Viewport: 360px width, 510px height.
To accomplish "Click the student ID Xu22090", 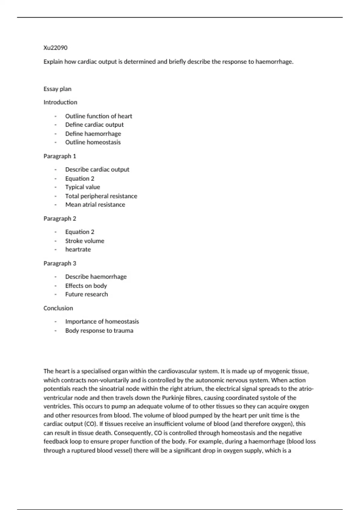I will click(55, 48).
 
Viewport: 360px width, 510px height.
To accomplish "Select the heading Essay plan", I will click(57, 89).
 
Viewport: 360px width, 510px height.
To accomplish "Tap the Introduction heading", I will click(60, 102).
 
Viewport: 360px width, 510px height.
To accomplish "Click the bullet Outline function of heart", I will click(98, 116).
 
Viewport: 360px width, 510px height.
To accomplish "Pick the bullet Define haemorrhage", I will click(93, 133).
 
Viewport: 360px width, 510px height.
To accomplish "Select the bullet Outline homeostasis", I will click(93, 142).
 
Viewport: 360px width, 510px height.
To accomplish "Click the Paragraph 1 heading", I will click(60, 156).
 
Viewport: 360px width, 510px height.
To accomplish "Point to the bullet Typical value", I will click(82, 187).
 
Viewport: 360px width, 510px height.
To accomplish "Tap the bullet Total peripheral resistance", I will click(101, 196).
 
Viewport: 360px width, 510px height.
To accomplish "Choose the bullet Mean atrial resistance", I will click(95, 205).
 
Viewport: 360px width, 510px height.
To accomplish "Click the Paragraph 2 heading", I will click(60, 218).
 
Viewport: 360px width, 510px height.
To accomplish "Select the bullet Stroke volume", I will click(85, 241).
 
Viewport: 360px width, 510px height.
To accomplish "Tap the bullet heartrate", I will click(78, 249).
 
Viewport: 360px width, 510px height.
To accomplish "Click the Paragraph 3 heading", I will click(60, 263).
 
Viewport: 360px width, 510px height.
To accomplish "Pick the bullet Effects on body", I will click(86, 286).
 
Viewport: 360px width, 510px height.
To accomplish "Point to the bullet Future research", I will click(86, 294).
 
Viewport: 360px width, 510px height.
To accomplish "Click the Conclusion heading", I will click(58, 308).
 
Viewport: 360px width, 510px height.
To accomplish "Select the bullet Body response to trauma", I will click(99, 331).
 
